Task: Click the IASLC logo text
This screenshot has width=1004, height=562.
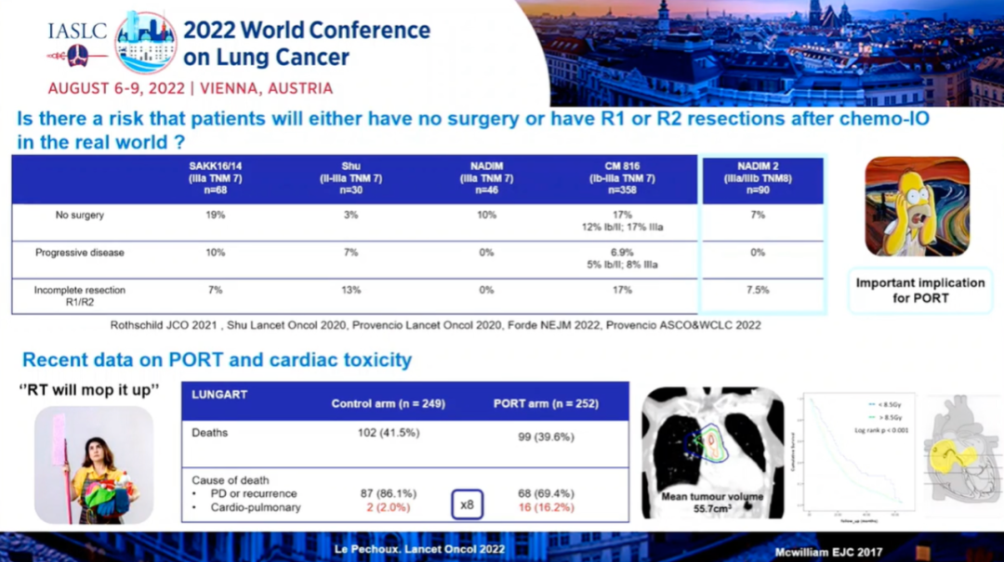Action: [x=76, y=31]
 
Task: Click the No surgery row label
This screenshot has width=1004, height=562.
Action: [x=80, y=215]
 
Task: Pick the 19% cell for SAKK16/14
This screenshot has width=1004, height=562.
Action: [x=215, y=215]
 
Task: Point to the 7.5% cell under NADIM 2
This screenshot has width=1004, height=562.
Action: [x=758, y=290]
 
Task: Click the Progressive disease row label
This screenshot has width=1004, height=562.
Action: [x=80, y=252]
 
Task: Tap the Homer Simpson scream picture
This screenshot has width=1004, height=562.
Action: [x=918, y=206]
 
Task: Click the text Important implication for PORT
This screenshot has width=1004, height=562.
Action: [x=919, y=290]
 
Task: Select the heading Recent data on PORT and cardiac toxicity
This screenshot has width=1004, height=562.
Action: [x=217, y=359]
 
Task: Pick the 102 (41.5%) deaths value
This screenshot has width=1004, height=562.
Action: [x=389, y=432]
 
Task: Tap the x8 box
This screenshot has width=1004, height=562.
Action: [x=467, y=504]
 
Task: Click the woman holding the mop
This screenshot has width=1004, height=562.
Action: [x=93, y=464]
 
